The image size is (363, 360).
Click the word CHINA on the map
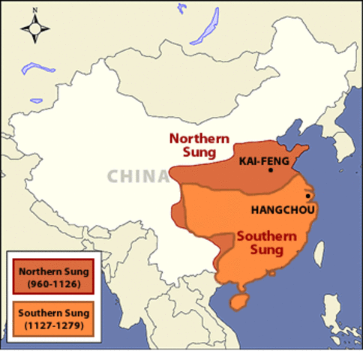tap(137, 176)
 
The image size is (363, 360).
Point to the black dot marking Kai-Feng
tap(271, 170)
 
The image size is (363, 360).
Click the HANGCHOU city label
tap(277, 209)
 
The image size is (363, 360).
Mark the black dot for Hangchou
tap(307, 196)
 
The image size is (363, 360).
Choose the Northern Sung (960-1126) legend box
tap(52, 276)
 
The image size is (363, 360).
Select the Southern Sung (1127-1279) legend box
tap(52, 318)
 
